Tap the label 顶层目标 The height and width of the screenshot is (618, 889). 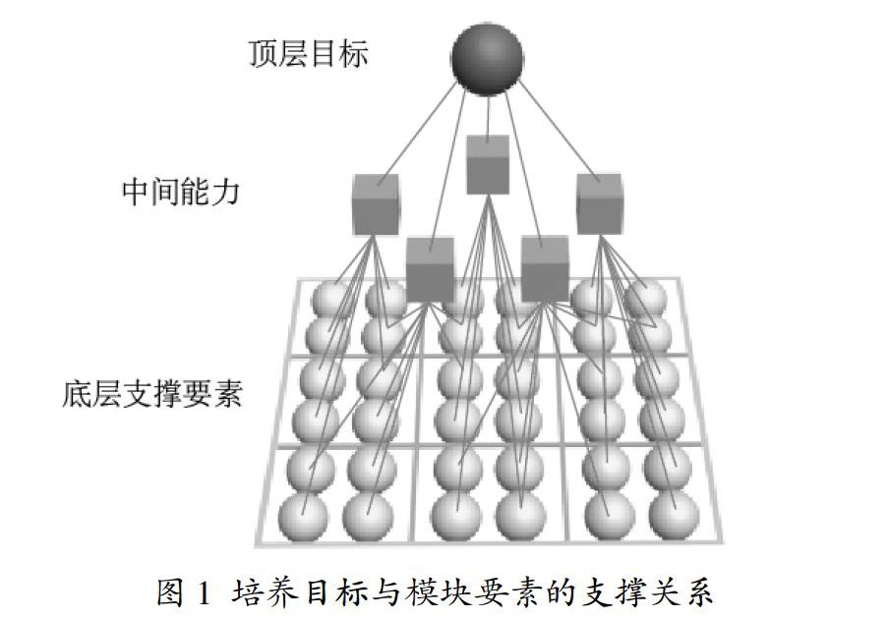tap(309, 54)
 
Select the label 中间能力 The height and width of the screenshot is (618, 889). tap(181, 191)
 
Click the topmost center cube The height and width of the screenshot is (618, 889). tap(487, 165)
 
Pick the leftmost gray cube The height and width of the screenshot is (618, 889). tap(375, 203)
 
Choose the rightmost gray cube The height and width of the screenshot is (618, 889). tap(599, 202)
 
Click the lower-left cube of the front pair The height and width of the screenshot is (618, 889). tap(431, 268)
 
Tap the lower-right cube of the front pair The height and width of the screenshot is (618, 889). tap(545, 267)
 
